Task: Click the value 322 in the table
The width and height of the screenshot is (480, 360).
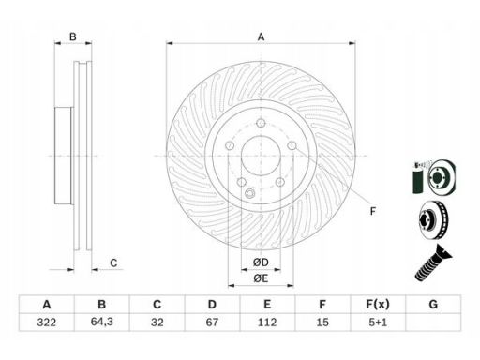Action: pos(47,322)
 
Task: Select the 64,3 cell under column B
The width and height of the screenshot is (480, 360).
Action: pos(102,322)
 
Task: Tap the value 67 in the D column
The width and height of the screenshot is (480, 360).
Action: pos(212,322)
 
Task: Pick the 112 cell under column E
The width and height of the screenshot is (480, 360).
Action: pos(267,322)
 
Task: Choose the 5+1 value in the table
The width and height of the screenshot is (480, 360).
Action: pos(378,322)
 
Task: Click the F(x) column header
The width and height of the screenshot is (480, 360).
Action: pos(378,304)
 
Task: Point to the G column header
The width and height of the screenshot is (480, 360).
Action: pos(433,304)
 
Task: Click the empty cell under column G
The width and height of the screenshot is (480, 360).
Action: pos(433,322)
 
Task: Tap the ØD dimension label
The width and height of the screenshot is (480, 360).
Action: pos(261,262)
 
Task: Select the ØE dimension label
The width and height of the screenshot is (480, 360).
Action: pos(261,278)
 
